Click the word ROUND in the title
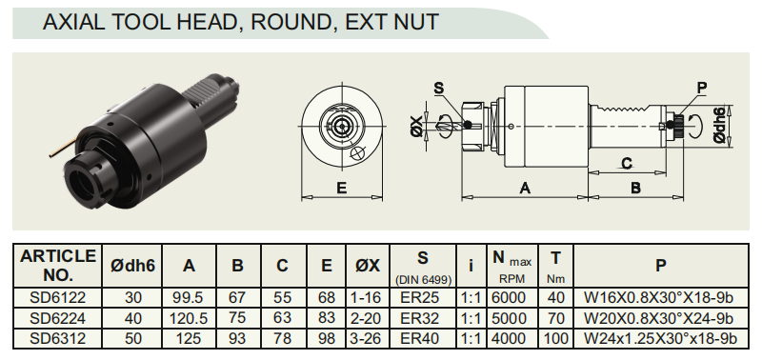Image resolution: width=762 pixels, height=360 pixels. pyautogui.click(x=289, y=22)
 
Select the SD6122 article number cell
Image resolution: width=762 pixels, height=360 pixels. pyautogui.click(x=57, y=297)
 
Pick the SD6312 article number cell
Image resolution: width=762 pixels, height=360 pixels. pyautogui.click(x=57, y=338)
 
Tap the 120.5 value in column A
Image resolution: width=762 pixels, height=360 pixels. pyautogui.click(x=189, y=318)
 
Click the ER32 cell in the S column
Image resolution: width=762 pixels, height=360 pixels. pyautogui.click(x=423, y=318)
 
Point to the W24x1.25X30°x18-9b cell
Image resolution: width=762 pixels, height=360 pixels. pyautogui.click(x=660, y=338)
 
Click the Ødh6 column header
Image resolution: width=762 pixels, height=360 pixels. pyautogui.click(x=132, y=266)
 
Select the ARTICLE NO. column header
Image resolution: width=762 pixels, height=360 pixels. pyautogui.click(x=57, y=266)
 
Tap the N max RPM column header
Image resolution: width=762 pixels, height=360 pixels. pyautogui.click(x=512, y=266)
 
